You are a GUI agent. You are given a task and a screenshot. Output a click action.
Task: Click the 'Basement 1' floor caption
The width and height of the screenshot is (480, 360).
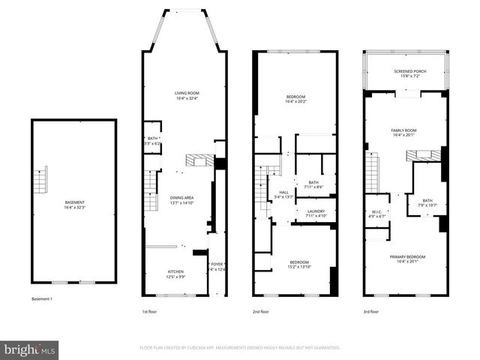(42, 299)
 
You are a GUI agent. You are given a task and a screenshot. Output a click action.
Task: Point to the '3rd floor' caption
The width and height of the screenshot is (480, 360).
(370, 311)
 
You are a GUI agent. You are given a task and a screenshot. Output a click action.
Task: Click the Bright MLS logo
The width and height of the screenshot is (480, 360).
(30, 349)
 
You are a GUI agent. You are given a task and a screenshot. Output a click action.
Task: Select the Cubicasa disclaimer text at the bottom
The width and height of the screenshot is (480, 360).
(240, 348)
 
